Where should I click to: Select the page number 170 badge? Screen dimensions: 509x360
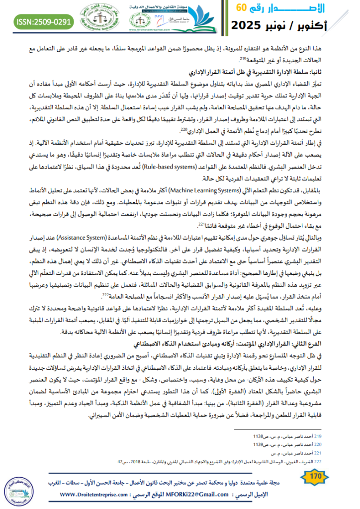(x=314, y=477)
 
